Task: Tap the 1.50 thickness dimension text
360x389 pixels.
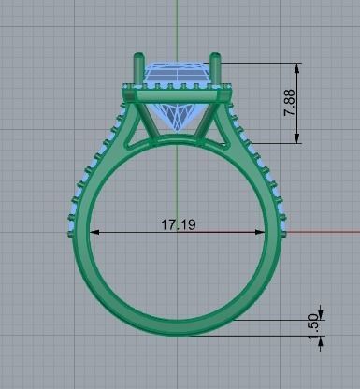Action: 313,326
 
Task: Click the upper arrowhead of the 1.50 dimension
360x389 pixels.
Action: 320,311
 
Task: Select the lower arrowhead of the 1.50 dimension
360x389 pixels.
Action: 320,340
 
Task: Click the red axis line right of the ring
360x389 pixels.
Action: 323,230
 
